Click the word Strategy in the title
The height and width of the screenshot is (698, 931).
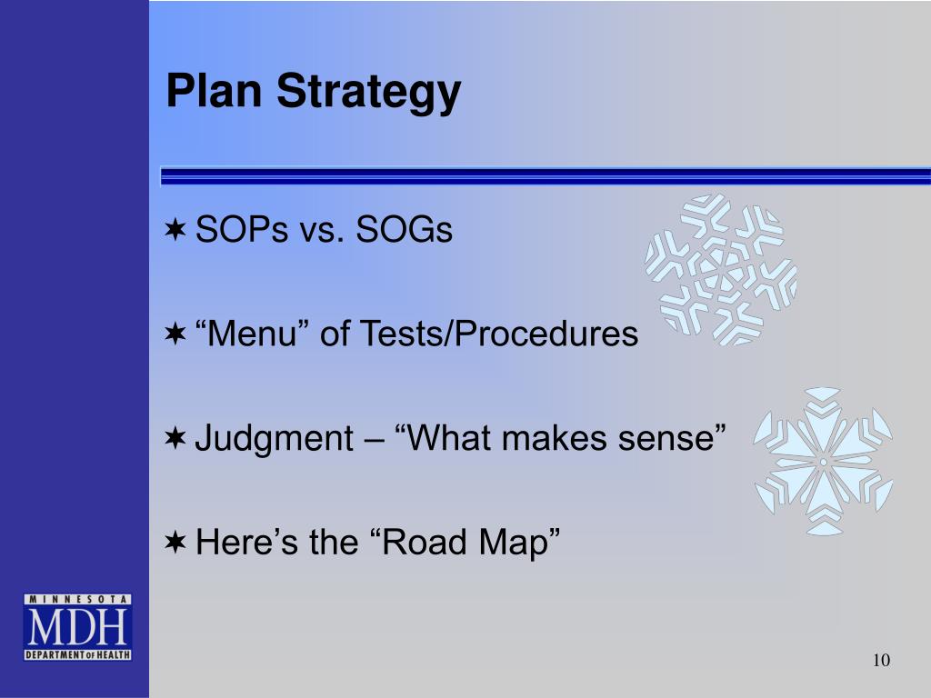[x=369, y=94]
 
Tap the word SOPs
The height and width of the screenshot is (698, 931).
[x=242, y=229]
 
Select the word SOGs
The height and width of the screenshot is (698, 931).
[x=405, y=229]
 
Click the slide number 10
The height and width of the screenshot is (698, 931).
[x=881, y=660]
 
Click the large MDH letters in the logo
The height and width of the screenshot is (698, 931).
[x=77, y=627]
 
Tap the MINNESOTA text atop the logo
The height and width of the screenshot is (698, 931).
[x=77, y=600]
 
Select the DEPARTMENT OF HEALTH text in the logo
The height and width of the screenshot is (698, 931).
[x=77, y=654]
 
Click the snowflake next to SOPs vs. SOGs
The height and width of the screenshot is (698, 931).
[x=721, y=270]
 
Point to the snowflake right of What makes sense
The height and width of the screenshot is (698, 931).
[x=824, y=461]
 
